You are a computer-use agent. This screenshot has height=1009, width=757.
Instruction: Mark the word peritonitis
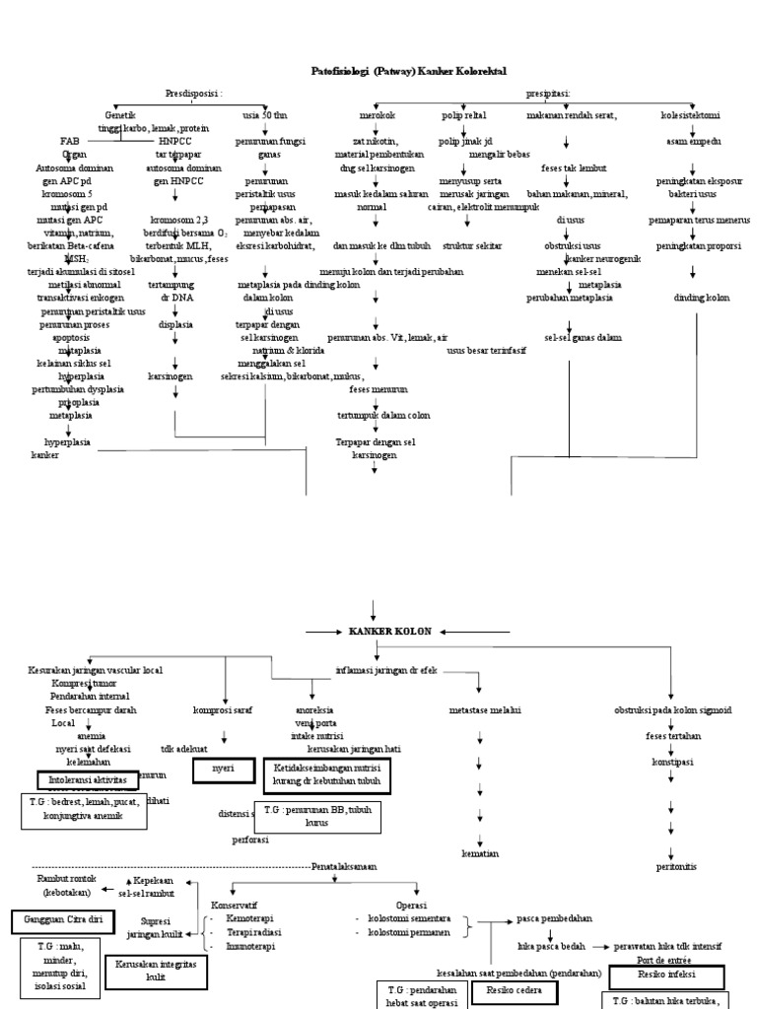coord(675,866)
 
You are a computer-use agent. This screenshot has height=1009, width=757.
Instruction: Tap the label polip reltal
coord(465,115)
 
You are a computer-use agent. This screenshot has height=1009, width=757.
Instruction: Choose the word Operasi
coord(411,904)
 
